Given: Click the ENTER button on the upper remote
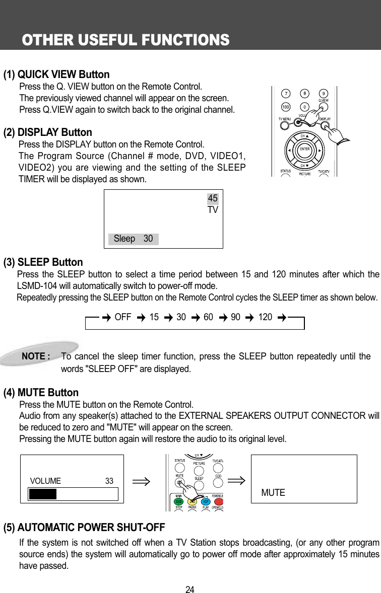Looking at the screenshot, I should pyautogui.click(x=304, y=149).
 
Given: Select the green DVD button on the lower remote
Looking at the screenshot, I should pyautogui.click(x=178, y=501).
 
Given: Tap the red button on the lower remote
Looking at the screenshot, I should pyautogui.click(x=218, y=501).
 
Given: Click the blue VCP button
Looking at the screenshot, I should pyautogui.click(x=205, y=501).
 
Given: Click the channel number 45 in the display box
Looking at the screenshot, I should pyautogui.click(x=213, y=199).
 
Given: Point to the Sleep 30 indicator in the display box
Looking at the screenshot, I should pyautogui.click(x=133, y=239).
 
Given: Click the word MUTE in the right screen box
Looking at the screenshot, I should pyautogui.click(x=273, y=493).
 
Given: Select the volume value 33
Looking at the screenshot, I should pyautogui.click(x=109, y=481).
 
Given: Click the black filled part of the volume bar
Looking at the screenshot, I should pyautogui.click(x=42, y=494).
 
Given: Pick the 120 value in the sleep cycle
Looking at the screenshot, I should pyautogui.click(x=265, y=317).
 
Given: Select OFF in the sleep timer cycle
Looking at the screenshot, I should pyautogui.click(x=123, y=317).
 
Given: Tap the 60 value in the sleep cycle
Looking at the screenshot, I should pyautogui.click(x=208, y=317).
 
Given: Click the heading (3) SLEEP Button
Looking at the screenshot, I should pyautogui.click(x=43, y=262).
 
